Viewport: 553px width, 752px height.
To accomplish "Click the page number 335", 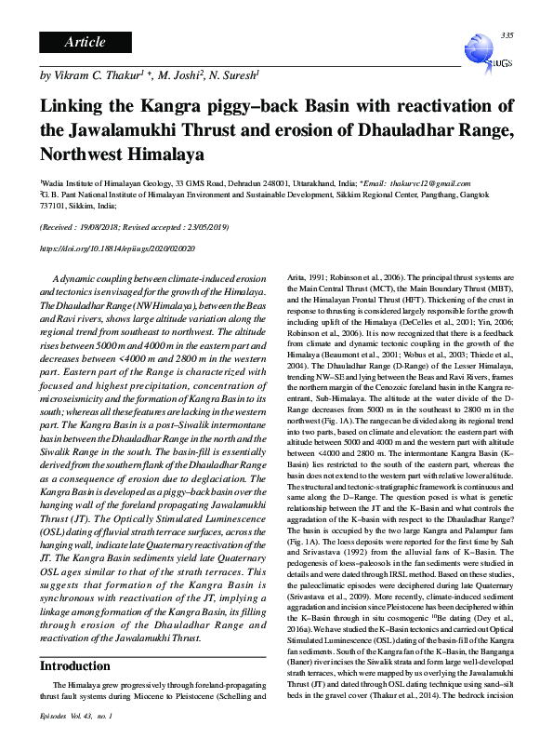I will click(507, 35).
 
